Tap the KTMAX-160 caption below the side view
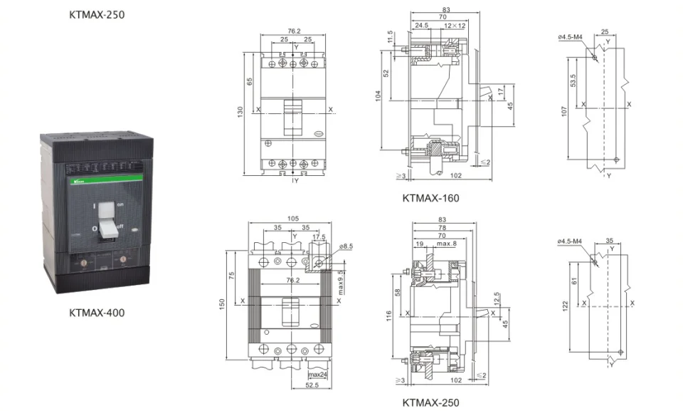point(430,198)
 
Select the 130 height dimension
point(240,112)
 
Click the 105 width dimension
point(292,219)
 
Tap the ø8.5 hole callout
point(346,246)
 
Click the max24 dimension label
point(317,375)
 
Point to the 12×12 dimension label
point(454,26)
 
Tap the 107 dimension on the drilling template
point(565,111)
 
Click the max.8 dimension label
point(446,244)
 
